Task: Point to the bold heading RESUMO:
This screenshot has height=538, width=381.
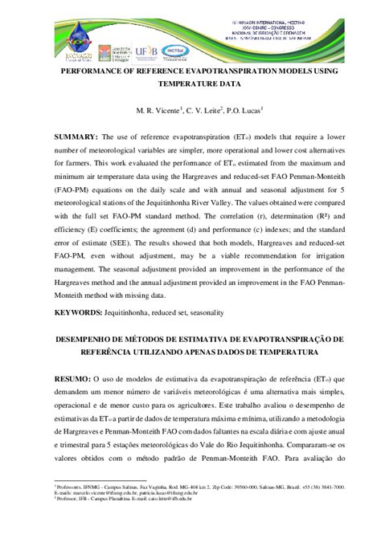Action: pyautogui.click(x=72, y=377)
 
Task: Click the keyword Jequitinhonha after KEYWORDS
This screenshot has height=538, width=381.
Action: pyautogui.click(x=140, y=312)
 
